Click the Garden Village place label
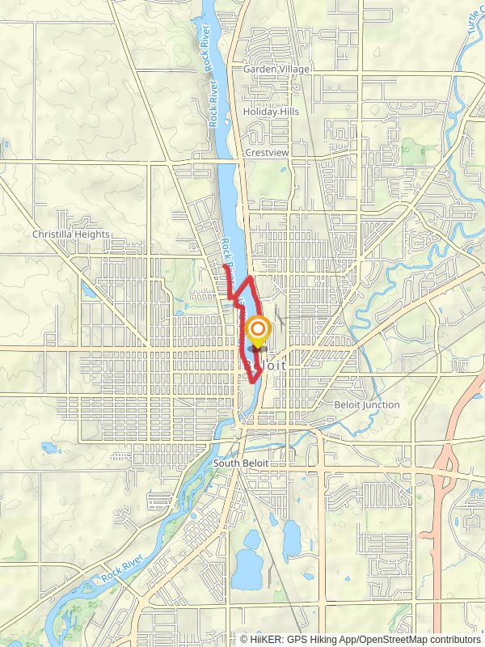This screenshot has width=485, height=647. [x=276, y=70]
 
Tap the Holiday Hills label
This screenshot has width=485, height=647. [x=271, y=112]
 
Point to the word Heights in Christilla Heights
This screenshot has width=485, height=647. [x=91, y=235]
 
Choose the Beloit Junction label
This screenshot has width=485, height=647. [x=366, y=404]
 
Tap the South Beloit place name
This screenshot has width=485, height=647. [x=241, y=463]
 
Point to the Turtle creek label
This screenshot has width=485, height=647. [x=474, y=24]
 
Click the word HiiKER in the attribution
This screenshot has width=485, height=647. [x=266, y=639]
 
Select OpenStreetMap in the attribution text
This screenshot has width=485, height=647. [x=391, y=639]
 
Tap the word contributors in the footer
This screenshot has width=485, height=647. [x=453, y=639]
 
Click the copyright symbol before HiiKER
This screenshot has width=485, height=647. [x=244, y=639]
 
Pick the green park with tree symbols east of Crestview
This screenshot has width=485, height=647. [x=415, y=150]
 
